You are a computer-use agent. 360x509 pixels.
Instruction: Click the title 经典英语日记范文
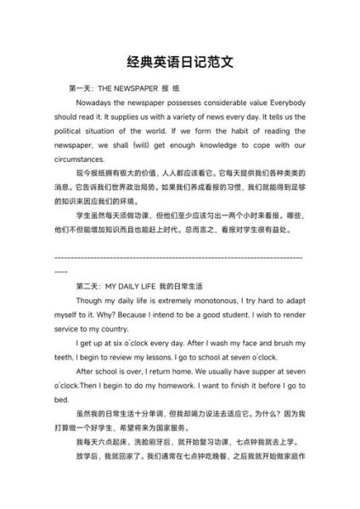click(x=179, y=64)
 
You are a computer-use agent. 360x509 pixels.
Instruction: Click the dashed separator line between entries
click(x=179, y=256)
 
